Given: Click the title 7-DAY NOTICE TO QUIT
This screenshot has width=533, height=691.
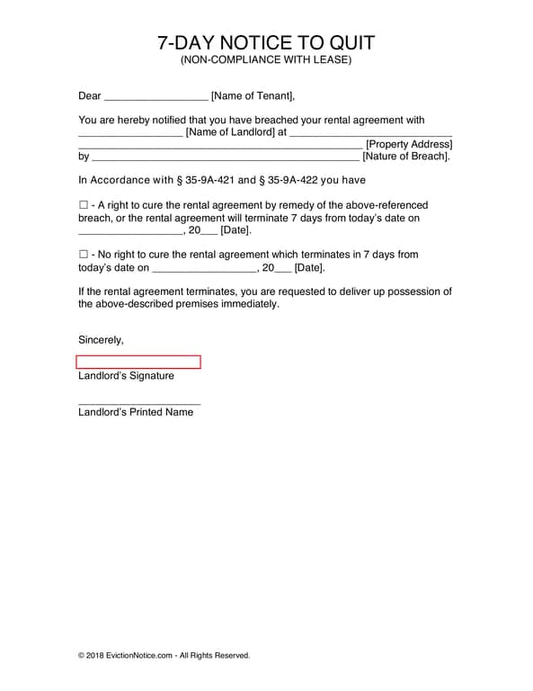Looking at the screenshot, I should click(x=266, y=43).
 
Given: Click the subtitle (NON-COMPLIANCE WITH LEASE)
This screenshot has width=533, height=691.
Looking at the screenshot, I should click(x=266, y=60).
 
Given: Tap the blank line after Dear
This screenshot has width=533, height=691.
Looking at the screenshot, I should click(x=155, y=97).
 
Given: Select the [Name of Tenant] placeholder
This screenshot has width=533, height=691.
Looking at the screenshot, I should click(x=253, y=95).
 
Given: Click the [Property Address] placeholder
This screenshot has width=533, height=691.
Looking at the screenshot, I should click(x=409, y=144).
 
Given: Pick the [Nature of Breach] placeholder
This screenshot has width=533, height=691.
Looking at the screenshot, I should click(x=405, y=156).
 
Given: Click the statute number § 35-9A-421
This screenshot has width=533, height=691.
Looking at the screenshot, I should click(x=196, y=180).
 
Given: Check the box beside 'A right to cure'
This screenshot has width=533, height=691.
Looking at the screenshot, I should click(x=84, y=205).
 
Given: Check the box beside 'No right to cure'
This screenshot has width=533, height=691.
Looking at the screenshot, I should click(x=84, y=255).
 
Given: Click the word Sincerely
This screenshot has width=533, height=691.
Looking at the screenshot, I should click(x=101, y=340).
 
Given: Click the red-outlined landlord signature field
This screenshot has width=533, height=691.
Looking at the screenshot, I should click(x=138, y=362).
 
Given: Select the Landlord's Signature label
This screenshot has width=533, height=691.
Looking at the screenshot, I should click(x=126, y=376).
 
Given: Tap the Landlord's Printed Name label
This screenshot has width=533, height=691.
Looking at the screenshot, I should click(x=136, y=412).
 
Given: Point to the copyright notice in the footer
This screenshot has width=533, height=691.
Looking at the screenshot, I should click(x=164, y=655).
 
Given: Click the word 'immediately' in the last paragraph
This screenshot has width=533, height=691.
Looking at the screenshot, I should click(x=248, y=304).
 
